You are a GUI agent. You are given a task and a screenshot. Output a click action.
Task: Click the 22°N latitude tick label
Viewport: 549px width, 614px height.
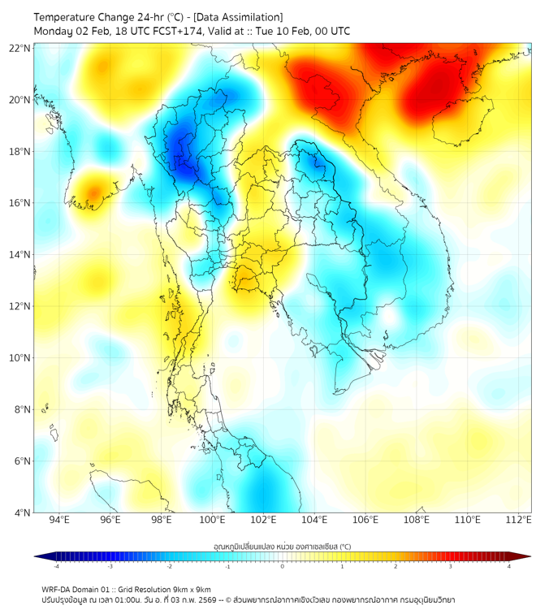point(20,48)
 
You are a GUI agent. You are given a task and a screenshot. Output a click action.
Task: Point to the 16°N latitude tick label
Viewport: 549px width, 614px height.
point(20,203)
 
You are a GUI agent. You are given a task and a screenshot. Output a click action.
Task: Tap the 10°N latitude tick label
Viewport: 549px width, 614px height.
point(20,358)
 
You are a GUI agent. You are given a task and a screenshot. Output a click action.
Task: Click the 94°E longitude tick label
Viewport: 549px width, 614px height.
point(59,521)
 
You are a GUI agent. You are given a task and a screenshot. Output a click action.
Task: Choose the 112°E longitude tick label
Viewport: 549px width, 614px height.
point(519,521)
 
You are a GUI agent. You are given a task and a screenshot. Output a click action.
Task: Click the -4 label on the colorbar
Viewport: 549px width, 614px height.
point(56,566)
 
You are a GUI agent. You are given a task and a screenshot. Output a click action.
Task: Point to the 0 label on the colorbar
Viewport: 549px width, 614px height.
point(283,566)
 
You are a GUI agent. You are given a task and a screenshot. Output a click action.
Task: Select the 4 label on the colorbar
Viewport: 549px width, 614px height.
point(508,566)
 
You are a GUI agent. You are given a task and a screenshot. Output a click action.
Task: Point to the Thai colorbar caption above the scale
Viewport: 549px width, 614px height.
point(282,546)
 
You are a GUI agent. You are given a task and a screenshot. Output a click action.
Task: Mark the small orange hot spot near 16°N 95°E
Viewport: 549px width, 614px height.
point(93,193)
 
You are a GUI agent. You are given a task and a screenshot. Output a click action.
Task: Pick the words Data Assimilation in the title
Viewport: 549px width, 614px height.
point(240,16)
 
